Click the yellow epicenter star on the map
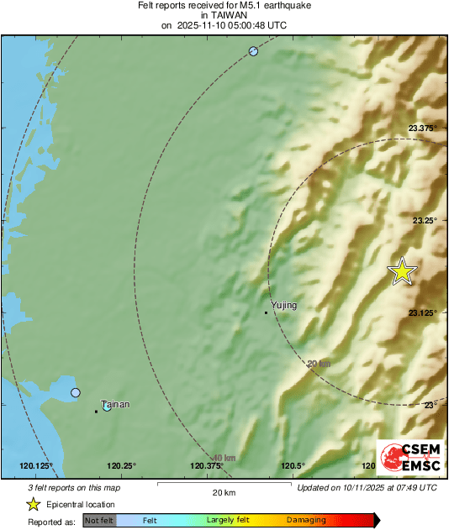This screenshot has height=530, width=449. (403, 271)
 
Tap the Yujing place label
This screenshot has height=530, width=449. (283, 306)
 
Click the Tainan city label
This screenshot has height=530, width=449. (115, 404)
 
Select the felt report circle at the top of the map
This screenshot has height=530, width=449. (253, 52)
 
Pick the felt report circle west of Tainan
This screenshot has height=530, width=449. (76, 392)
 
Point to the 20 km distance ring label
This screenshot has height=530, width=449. (318, 364)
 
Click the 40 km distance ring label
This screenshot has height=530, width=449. (224, 458)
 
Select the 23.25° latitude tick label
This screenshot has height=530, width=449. (427, 220)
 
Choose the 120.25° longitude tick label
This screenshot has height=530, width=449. (122, 466)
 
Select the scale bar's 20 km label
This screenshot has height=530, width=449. (223, 492)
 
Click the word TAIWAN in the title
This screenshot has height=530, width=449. (224, 15)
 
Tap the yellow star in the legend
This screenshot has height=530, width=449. (33, 504)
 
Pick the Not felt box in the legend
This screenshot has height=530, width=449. (99, 521)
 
